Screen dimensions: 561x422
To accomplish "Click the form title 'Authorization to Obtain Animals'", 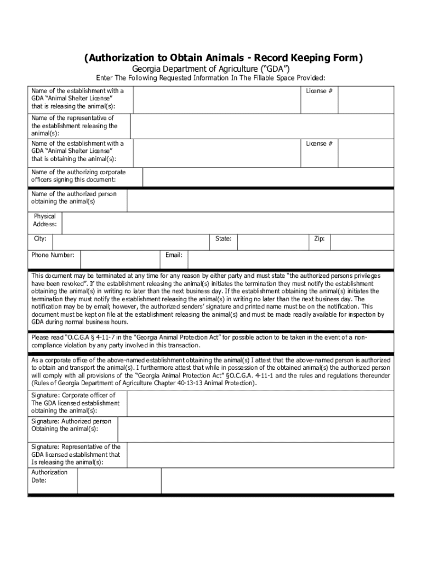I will click(x=223, y=58).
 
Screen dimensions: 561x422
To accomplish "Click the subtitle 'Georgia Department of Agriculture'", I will click(x=211, y=68).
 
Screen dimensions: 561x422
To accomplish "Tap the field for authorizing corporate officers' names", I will click(x=267, y=177).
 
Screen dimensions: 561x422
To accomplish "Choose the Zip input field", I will click(x=362, y=242).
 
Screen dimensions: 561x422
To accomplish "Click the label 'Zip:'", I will click(x=320, y=239).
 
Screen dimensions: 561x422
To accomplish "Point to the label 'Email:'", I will click(x=174, y=255).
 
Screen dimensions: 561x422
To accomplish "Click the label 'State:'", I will click(x=223, y=239).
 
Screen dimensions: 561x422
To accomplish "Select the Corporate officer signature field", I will click(x=260, y=403).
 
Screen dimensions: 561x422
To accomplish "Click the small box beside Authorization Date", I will click(x=119, y=480).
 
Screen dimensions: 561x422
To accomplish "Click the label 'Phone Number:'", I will click(x=53, y=255).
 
